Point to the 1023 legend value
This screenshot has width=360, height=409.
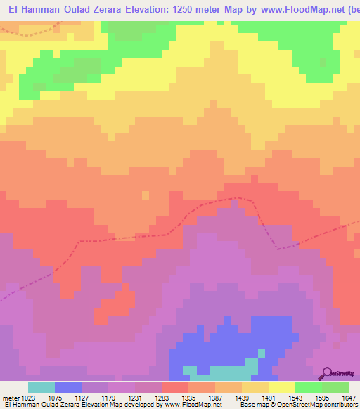pos(30,397)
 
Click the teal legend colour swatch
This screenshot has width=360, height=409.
pos(41,387)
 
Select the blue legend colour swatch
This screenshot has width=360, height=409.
pos(68,387)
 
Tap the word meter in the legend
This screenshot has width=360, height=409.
pos(9,397)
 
